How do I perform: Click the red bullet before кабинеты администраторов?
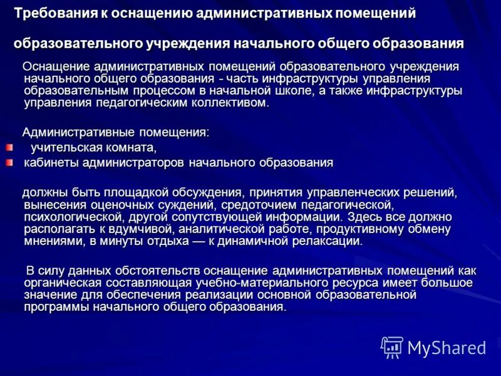(9, 163)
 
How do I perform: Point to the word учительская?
(66, 148)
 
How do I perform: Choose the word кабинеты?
(49, 163)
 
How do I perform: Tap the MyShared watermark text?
(447, 347)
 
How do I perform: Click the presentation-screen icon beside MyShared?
(392, 347)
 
